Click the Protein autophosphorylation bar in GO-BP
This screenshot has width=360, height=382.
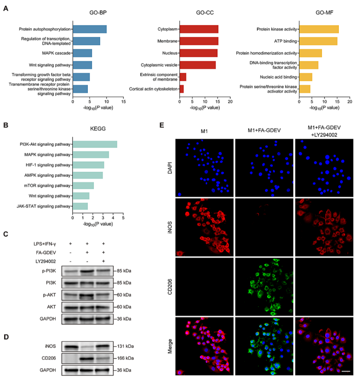[x=90, y=30]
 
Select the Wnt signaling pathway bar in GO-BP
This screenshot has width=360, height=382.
[x=82, y=65]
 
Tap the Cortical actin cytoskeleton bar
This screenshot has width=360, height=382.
[x=181, y=89]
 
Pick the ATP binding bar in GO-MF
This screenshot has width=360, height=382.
[x=318, y=41]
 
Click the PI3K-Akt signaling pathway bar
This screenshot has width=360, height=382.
[x=95, y=144]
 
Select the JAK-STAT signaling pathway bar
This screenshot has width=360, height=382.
[x=80, y=206]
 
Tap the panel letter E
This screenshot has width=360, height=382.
[x=162, y=125]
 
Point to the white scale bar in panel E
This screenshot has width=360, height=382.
[x=345, y=371]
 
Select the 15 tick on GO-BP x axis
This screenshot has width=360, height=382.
[x=124, y=101]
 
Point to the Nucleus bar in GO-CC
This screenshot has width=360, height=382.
[x=199, y=53]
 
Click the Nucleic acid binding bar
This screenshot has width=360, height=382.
[x=305, y=77]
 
